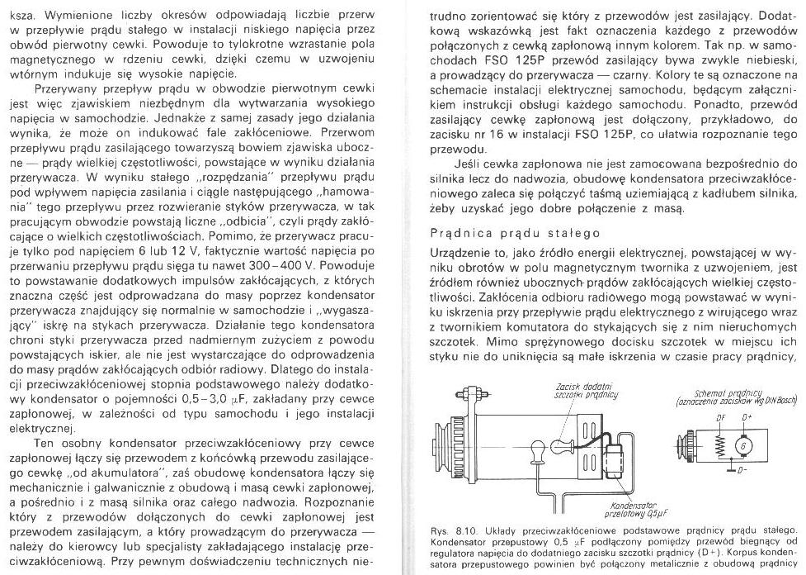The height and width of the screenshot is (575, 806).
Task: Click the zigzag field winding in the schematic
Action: click(x=717, y=447)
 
